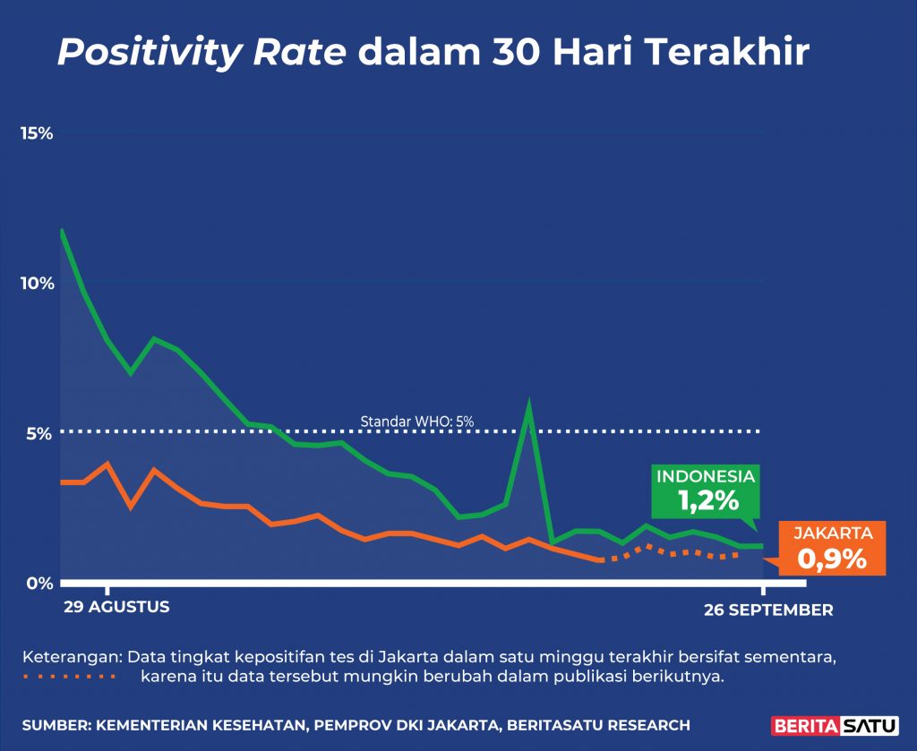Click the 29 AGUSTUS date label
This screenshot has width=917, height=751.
(116, 607)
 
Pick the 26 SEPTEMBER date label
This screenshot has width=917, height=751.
(768, 610)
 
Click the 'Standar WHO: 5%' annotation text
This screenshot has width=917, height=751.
(416, 421)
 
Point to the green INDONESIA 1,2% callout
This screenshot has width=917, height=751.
(706, 491)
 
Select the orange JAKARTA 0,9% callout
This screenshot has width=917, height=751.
(833, 548)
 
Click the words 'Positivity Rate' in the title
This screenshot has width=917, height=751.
(201, 54)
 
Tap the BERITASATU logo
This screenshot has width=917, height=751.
(822, 724)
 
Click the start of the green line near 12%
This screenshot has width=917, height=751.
(61, 231)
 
